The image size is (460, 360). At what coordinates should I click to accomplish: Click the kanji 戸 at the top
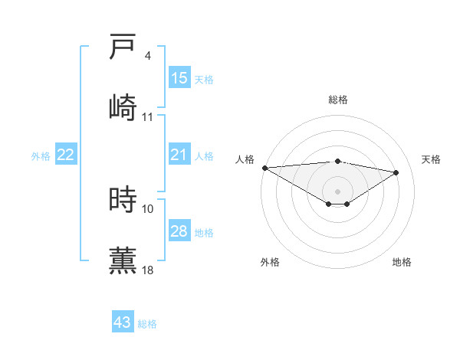pos(123,47)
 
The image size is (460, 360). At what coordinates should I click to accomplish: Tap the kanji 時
pos(123,200)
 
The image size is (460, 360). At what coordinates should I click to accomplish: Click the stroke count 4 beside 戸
pos(148,56)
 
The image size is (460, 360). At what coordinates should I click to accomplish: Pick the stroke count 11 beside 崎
pos(148,116)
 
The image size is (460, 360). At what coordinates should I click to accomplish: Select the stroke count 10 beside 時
pos(148,208)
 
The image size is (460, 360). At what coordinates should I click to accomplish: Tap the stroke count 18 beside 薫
pos(148,270)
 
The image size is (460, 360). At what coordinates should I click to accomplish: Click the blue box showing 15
pos(179,78)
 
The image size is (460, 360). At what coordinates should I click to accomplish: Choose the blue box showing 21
pos(179,155)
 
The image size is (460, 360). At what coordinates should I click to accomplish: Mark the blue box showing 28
pos(179,231)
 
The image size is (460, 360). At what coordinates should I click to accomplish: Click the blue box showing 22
pos(65,155)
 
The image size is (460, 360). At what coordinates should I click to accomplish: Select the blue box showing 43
pos(122,322)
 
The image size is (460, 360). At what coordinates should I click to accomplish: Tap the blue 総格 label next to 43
pos(147,324)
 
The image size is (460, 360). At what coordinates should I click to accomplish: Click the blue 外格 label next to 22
pos(41,156)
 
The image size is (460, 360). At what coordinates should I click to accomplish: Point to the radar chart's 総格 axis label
pos(338,100)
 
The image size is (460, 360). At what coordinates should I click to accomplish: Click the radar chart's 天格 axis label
pos(431,159)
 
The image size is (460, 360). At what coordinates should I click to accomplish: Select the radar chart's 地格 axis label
pos(402,262)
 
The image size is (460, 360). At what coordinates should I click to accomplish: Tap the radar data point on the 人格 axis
pos(264,168)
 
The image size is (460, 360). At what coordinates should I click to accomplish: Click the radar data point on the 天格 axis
pos(396,172)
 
